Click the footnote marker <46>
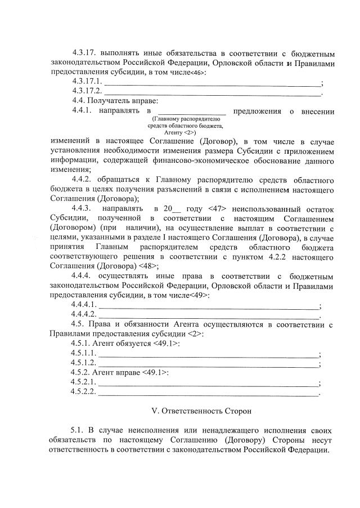197,73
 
